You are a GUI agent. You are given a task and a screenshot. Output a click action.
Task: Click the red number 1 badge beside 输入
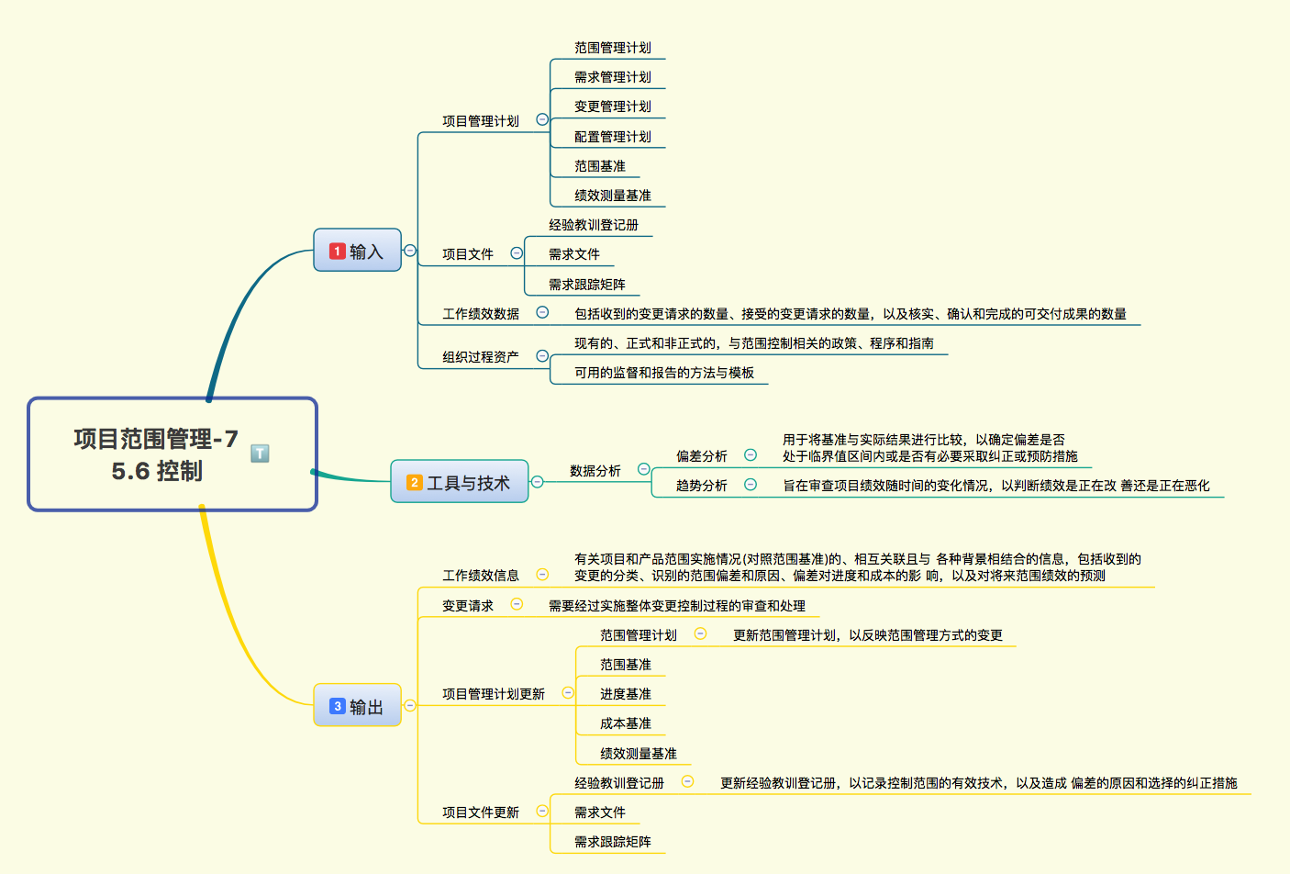pos(337,252)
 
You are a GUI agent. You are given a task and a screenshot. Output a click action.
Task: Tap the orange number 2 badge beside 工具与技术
pos(414,483)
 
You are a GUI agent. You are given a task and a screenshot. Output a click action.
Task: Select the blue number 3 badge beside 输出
pos(337,706)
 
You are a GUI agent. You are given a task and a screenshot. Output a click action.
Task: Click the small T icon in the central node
pos(260,454)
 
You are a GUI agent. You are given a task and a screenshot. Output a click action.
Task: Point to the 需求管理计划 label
pos(612,77)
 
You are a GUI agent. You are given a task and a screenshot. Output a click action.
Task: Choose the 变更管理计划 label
pos(612,106)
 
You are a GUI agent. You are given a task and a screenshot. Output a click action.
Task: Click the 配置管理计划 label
pos(612,137)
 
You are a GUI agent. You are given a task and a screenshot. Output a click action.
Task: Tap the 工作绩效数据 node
pos(481,314)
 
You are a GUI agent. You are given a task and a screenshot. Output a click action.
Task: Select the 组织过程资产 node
pos(481,357)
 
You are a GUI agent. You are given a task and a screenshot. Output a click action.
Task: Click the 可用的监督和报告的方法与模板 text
pos(664,373)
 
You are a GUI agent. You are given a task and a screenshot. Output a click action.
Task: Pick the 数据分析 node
pos(595,471)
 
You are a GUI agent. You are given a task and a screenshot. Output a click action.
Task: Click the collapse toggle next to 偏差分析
pos(751,455)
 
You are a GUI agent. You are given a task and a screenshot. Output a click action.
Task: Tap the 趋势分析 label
pos(701,486)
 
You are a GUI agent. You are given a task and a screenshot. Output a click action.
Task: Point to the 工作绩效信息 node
pos(481,576)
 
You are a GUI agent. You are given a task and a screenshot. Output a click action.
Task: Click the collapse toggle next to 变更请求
pos(517,604)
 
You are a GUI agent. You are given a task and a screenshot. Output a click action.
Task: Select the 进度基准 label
pos(625,694)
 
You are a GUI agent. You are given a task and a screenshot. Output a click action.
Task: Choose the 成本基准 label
pos(625,723)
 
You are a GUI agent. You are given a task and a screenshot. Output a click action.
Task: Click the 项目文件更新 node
pos(481,812)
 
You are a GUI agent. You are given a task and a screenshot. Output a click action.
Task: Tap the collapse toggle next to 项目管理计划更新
pos(568,693)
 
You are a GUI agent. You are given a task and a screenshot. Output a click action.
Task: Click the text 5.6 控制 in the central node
pos(157,472)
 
